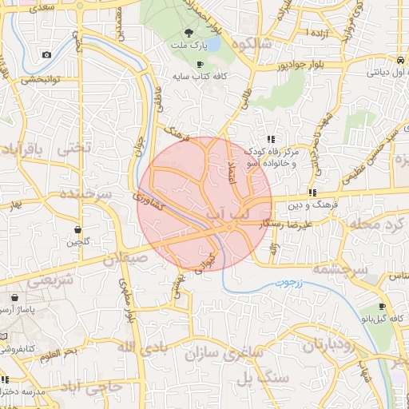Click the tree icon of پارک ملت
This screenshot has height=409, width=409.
click(x=189, y=33)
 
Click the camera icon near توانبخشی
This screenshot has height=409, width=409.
click(x=46, y=54)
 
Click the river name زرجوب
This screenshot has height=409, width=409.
click(x=279, y=284)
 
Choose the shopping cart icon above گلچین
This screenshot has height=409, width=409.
click(x=77, y=228)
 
